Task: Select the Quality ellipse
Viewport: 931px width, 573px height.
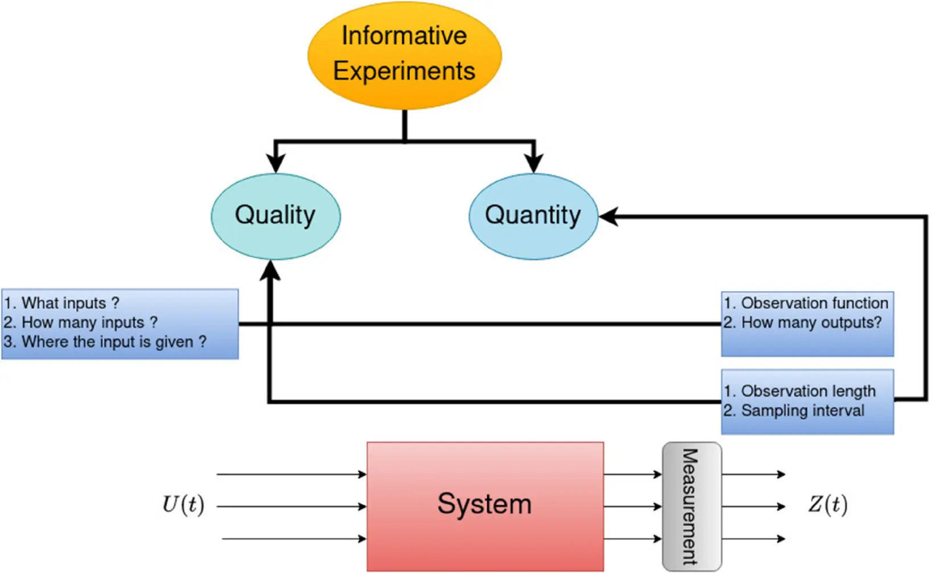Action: coord(275,216)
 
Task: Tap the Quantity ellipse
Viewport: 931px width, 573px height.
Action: coord(533,216)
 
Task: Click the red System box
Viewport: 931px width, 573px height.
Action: coord(485,505)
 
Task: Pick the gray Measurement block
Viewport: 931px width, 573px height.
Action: coord(691,506)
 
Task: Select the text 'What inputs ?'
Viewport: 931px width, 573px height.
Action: coord(70,303)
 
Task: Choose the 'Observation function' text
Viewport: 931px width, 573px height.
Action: coord(814,303)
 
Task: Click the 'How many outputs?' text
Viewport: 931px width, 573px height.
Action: coord(811,322)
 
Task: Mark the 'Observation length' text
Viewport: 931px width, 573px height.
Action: coord(808,391)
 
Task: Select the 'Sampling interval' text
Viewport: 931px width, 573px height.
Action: coord(802,410)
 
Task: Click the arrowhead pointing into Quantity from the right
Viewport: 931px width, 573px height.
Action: coord(608,217)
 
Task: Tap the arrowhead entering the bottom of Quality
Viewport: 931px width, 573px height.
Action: coord(270,270)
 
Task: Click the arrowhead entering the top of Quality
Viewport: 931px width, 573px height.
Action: coord(275,164)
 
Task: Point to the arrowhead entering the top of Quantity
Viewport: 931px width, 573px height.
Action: coord(533,164)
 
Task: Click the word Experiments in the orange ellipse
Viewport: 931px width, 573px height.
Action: coord(404,72)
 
